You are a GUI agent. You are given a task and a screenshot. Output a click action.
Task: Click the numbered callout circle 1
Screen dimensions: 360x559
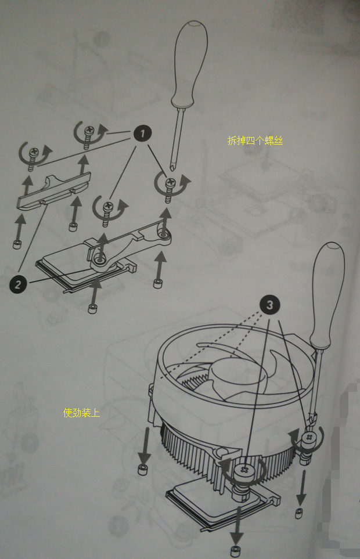pyautogui.click(x=143, y=134)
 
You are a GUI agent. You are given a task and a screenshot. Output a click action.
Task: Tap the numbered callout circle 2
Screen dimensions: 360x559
pyautogui.click(x=18, y=284)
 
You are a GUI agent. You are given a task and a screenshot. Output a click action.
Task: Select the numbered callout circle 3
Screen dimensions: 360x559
pyautogui.click(x=270, y=305)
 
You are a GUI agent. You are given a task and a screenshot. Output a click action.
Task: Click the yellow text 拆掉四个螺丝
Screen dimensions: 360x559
pyautogui.click(x=255, y=140)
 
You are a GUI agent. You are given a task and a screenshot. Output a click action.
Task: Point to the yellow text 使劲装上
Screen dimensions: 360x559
pyautogui.click(x=81, y=413)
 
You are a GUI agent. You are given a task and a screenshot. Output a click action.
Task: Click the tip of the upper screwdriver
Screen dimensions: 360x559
pyautogui.click(x=172, y=168)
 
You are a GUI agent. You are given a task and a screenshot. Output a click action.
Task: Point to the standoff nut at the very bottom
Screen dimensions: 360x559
pyautogui.click(x=236, y=550)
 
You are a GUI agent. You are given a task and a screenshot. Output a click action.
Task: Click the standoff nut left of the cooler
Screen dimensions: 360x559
pyautogui.click(x=143, y=469)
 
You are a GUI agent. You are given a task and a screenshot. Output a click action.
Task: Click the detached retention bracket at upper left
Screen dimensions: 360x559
pyautogui.click(x=54, y=190)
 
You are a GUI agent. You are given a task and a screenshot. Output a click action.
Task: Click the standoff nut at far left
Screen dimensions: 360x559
pyautogui.click(x=17, y=244)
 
